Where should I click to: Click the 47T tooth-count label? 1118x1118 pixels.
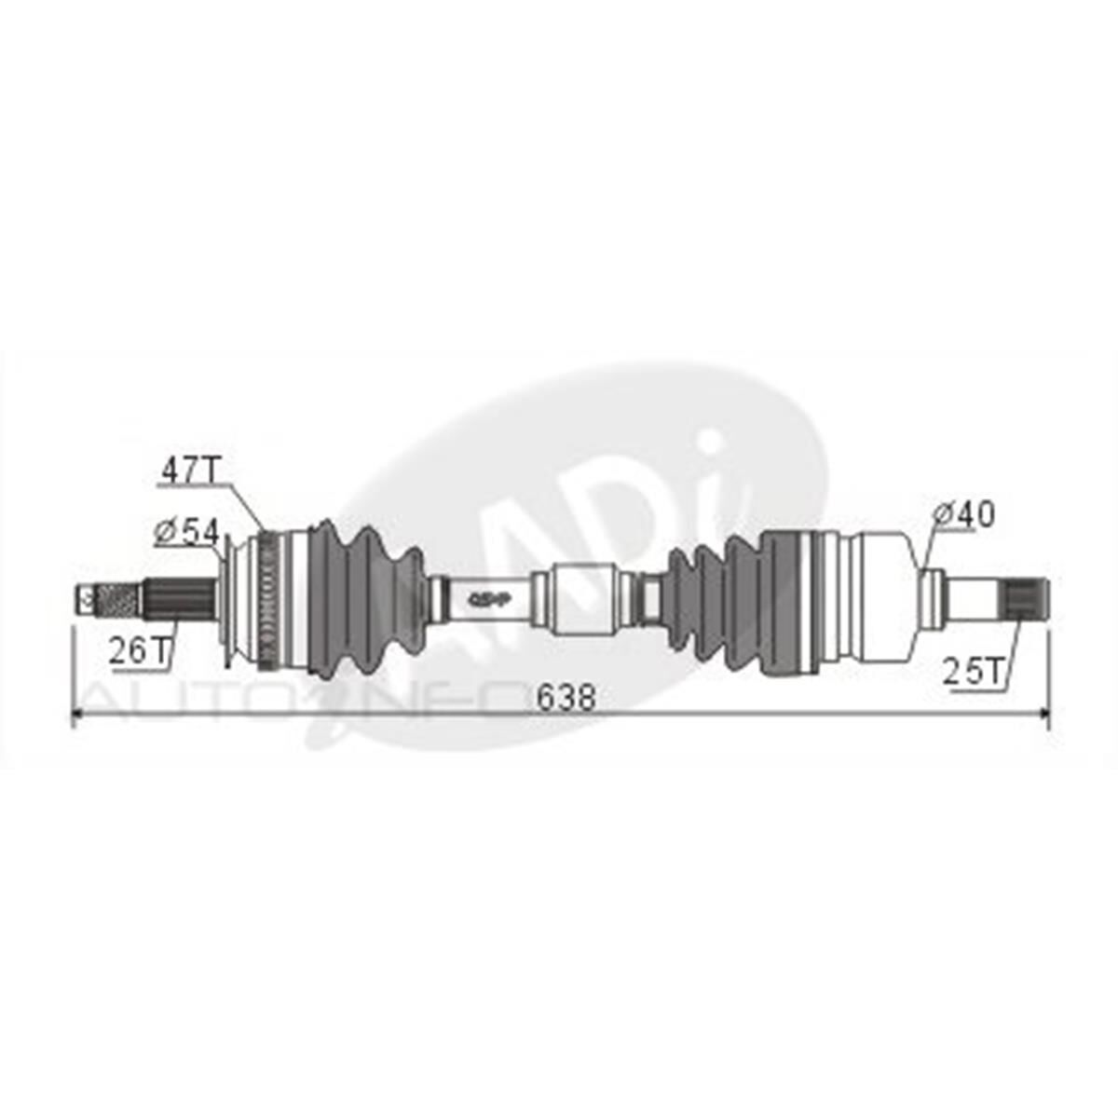(191, 470)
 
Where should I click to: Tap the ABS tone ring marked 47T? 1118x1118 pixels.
(271, 599)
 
